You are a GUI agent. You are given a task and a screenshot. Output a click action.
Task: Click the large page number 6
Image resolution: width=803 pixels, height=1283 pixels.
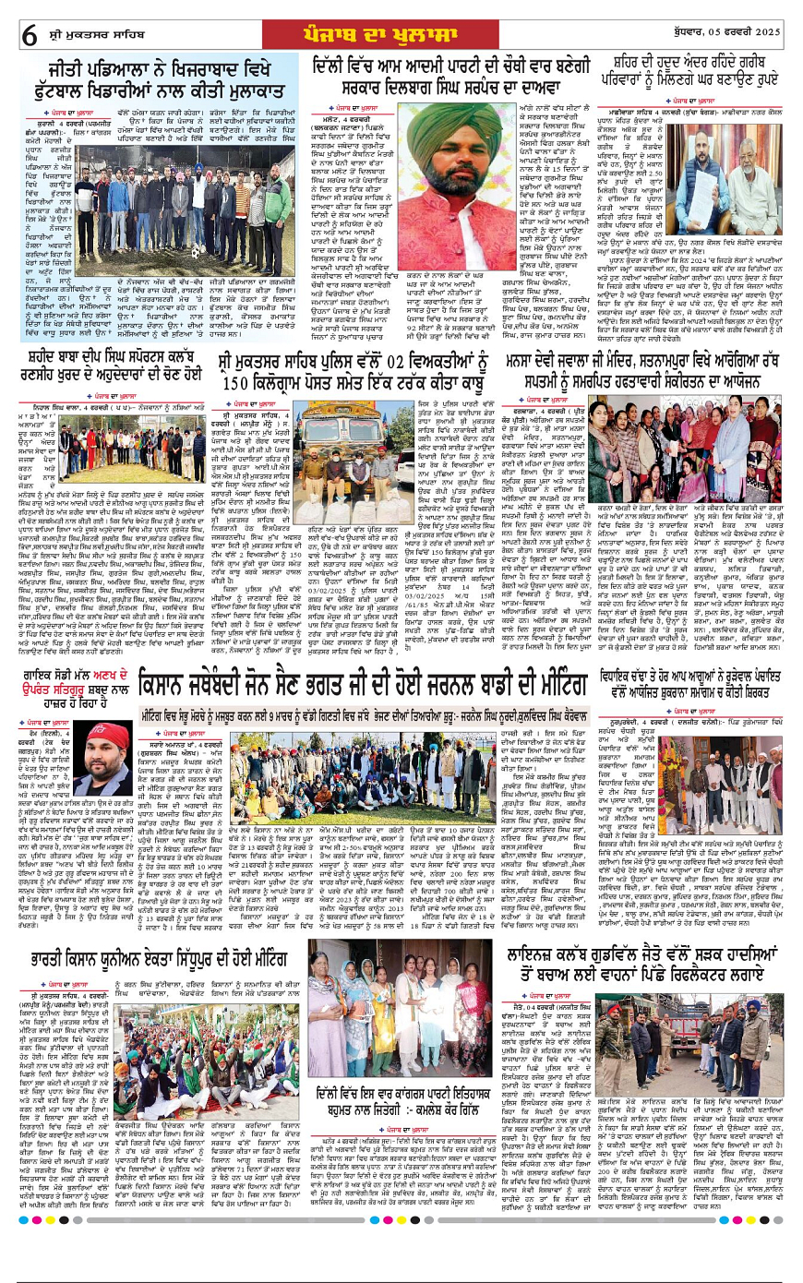(30, 34)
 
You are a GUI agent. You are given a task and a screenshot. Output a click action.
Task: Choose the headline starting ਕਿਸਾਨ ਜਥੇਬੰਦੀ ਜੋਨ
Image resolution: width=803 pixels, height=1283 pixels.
(363, 683)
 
